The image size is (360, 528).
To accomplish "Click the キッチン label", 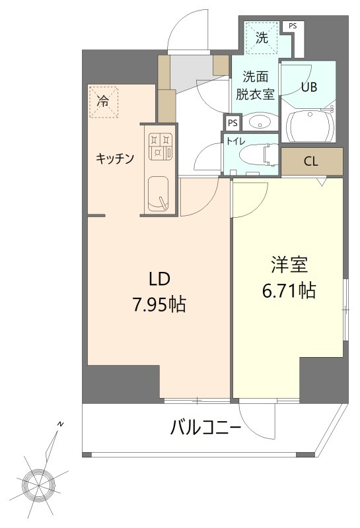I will (116, 158).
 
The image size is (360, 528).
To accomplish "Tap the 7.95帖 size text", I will (159, 304).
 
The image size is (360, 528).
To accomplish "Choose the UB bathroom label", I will (309, 86).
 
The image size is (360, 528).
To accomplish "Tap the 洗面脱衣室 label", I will (254, 85).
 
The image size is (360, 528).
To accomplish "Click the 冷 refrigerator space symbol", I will (103, 102).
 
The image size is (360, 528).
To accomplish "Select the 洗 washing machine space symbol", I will (262, 38).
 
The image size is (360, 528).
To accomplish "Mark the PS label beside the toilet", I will (232, 123).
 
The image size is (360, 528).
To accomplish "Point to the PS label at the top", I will (292, 26).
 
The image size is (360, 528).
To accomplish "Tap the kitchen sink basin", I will (159, 193).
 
